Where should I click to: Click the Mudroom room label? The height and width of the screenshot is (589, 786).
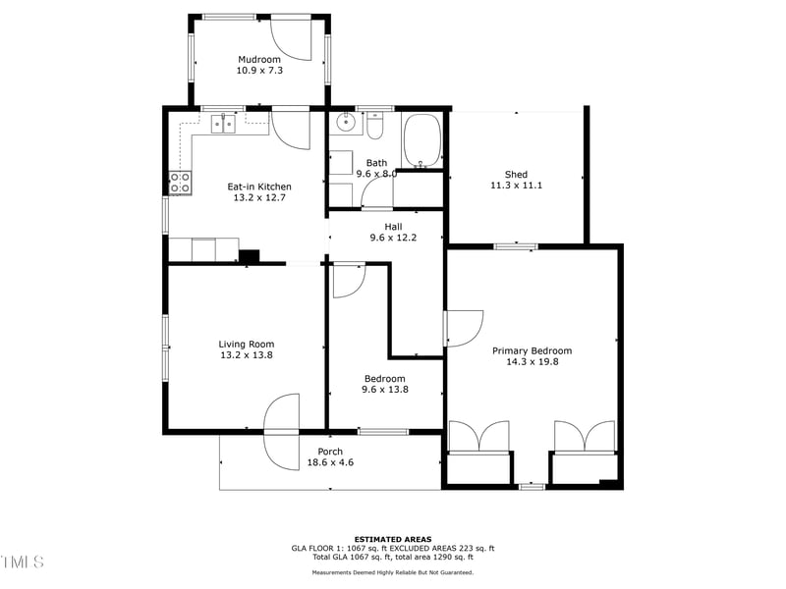[259, 60]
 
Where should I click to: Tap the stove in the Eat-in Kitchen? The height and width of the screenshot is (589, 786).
[180, 182]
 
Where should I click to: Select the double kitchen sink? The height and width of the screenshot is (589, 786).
[223, 124]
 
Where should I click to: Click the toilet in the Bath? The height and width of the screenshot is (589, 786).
[374, 127]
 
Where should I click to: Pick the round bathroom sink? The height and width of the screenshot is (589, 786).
[345, 124]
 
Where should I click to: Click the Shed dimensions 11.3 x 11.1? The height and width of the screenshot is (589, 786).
[516, 186]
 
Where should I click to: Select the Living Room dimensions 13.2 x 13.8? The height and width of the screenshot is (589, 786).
[247, 355]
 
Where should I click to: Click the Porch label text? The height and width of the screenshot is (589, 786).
[330, 452]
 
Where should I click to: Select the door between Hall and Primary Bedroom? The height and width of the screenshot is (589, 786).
[463, 328]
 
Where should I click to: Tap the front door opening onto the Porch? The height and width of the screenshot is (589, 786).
[281, 432]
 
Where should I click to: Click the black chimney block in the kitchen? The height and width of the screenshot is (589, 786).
[250, 256]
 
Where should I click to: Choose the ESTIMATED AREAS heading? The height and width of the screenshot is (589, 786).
[393, 539]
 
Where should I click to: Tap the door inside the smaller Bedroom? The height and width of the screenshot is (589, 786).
[348, 281]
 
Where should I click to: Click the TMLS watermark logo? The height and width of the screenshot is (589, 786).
[22, 562]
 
